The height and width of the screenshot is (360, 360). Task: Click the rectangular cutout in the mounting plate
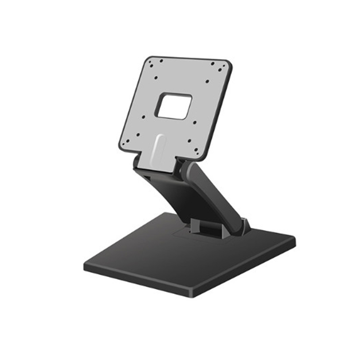coord(174,106)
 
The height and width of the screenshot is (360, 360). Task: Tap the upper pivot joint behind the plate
coord(184,169)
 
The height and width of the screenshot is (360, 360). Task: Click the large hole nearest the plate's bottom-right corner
coord(197,147)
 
